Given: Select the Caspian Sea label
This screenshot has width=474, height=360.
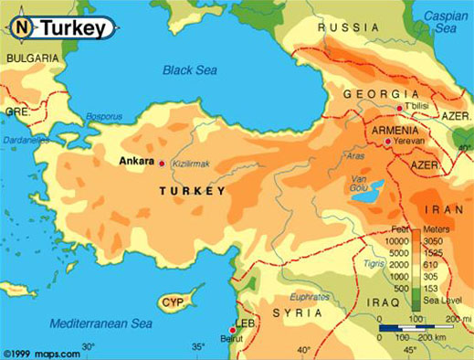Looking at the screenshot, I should pyautogui.click(x=447, y=24).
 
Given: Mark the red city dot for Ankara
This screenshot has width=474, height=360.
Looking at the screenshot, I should pyautogui.click(x=163, y=164).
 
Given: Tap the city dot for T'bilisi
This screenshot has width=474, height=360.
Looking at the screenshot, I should pyautogui.click(x=399, y=109).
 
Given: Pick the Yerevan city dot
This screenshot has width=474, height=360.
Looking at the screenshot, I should pyautogui.click(x=388, y=142).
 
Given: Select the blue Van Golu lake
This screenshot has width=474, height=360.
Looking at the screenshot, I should pyautogui.click(x=366, y=192).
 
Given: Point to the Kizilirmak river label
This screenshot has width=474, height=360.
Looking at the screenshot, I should pyautogui.click(x=190, y=164).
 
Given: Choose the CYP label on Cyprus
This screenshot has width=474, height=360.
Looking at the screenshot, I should pyautogui.click(x=171, y=302).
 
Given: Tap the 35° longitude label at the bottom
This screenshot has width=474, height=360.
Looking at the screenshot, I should pyautogui.click(x=199, y=348).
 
